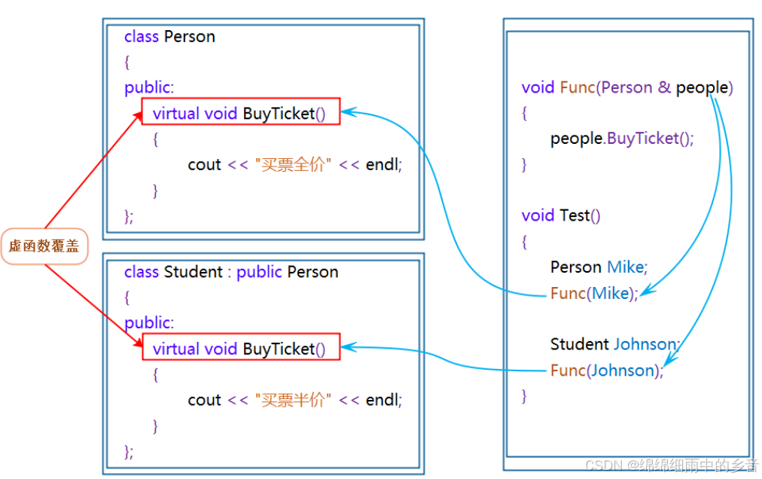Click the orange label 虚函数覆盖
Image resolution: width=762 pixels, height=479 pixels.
[44, 246]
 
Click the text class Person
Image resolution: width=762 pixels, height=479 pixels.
[169, 37]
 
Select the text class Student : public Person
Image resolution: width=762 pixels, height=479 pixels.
[231, 272]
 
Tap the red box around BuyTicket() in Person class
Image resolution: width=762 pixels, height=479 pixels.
[241, 111]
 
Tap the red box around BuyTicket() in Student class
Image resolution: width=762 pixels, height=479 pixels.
[241, 347]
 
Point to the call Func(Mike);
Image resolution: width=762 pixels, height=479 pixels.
[594, 293]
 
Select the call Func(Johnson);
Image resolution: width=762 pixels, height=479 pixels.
[607, 371]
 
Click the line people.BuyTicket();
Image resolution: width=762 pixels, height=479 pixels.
[622, 139]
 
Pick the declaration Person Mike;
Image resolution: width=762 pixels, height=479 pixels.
[599, 267]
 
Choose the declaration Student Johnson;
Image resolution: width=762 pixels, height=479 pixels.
[614, 344]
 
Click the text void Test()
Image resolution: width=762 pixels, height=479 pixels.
[561, 215]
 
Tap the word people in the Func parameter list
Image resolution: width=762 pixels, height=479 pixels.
[701, 87]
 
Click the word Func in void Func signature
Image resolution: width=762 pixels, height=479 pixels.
[578, 87]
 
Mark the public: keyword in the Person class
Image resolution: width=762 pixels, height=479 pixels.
[149, 87]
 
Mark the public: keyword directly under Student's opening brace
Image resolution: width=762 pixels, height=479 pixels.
[149, 322]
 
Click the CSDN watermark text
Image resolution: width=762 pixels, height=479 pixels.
[671, 465]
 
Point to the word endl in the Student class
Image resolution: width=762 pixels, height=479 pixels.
[383, 400]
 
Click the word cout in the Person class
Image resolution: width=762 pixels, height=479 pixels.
[204, 165]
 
